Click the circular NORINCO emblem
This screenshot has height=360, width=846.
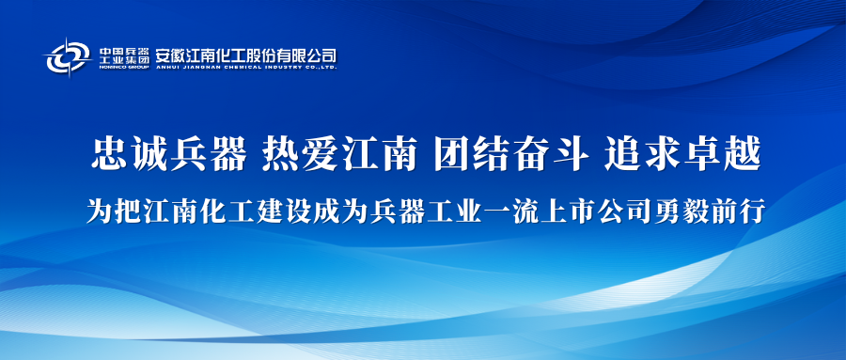[x=68, y=56]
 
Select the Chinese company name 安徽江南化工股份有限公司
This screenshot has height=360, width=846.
[x=246, y=55]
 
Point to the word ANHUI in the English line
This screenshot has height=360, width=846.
[x=166, y=68]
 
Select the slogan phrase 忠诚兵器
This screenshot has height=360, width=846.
[x=169, y=153]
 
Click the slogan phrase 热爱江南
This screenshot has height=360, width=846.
[x=339, y=153]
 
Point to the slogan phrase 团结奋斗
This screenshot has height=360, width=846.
[x=511, y=153]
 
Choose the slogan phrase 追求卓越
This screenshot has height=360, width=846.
[x=682, y=153]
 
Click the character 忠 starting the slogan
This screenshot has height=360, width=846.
[x=110, y=153]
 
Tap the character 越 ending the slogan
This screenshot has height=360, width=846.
[x=742, y=153]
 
